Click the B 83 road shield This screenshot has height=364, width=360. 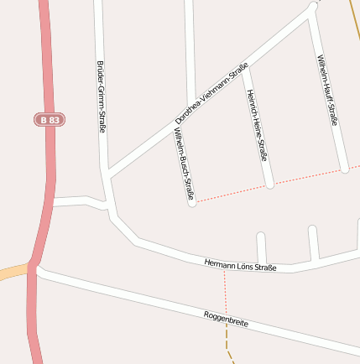pos(50,120)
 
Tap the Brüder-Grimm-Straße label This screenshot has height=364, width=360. pos(102,96)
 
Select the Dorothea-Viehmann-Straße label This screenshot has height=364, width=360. pos(211,94)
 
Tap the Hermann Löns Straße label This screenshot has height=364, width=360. pos(241,266)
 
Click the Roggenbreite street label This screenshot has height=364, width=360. pos(226,319)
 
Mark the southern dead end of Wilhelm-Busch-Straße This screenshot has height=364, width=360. pos(191,202)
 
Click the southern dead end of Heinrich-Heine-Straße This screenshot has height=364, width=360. pos(269,184)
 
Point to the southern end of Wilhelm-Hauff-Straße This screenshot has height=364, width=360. pos(344,169)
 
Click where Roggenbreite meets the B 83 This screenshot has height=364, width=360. pos(35,269)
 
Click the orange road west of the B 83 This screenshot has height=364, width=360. pos(12,272)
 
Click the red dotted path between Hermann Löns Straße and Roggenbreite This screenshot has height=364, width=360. pos(225,292)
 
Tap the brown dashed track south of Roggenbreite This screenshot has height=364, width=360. pos(227,340)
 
